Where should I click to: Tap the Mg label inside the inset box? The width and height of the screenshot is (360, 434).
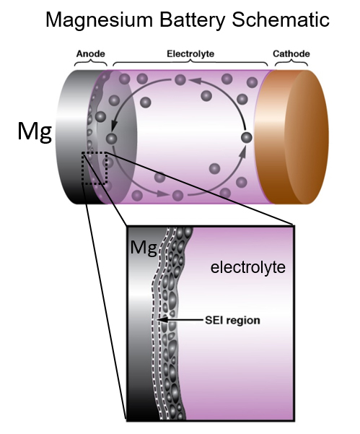click(142, 249)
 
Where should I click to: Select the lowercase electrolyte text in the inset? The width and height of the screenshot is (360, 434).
click(247, 268)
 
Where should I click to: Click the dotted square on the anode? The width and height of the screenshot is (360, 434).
click(96, 168)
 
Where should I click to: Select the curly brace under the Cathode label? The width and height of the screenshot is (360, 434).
click(289, 64)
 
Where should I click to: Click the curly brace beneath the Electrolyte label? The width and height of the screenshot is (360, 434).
click(189, 64)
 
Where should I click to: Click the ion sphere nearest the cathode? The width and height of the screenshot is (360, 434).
click(246, 137)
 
